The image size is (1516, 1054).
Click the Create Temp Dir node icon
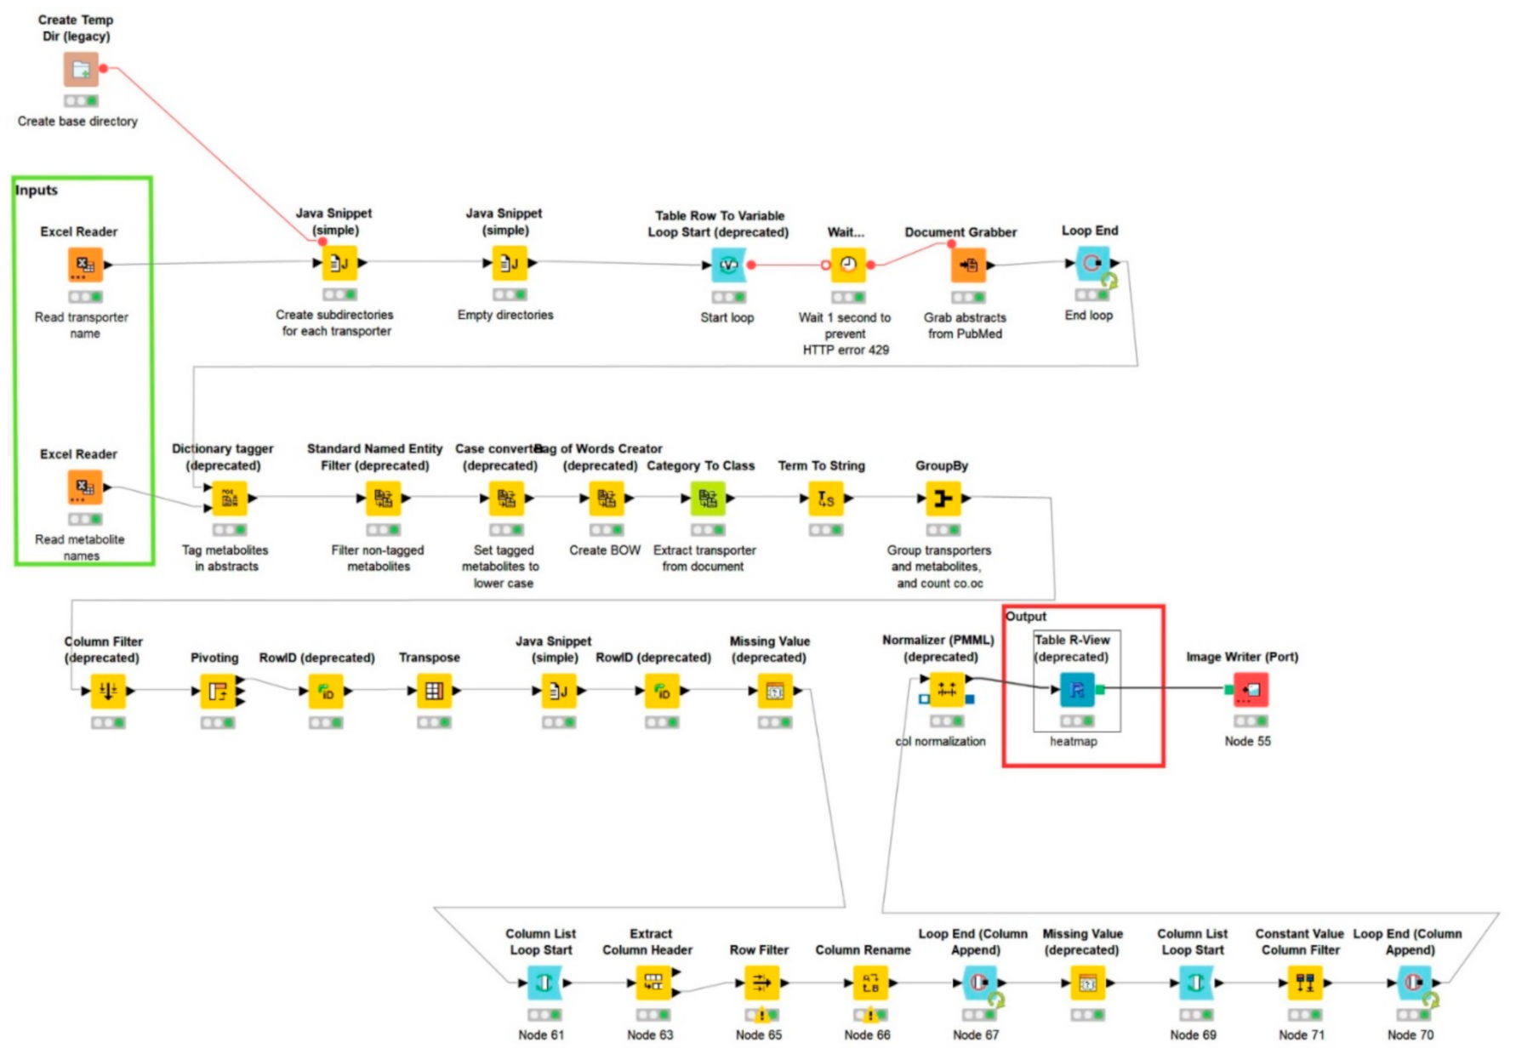[81, 69]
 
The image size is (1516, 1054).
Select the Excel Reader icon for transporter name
[85, 265]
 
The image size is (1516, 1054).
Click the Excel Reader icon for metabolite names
[85, 487]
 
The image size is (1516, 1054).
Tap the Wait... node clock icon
[848, 265]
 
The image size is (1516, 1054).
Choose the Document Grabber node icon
[968, 265]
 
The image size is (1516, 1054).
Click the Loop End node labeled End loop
[1092, 264]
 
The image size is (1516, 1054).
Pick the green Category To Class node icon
[708, 499]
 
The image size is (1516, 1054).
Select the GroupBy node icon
[943, 499]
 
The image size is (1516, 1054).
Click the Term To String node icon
[825, 499]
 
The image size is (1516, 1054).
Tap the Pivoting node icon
[218, 691]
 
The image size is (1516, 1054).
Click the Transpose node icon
[434, 691]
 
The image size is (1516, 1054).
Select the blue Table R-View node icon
[1077, 690]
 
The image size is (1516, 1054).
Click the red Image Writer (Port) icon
[1251, 690]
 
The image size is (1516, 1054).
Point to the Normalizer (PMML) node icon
[946, 690]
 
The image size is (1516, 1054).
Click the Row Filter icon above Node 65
[761, 983]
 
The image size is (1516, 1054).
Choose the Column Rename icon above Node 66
[869, 983]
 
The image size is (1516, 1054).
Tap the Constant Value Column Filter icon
[1304, 983]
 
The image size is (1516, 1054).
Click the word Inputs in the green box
[37, 190]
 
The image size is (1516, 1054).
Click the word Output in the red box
[1026, 616]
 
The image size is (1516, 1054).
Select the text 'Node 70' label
[1410, 1034]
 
